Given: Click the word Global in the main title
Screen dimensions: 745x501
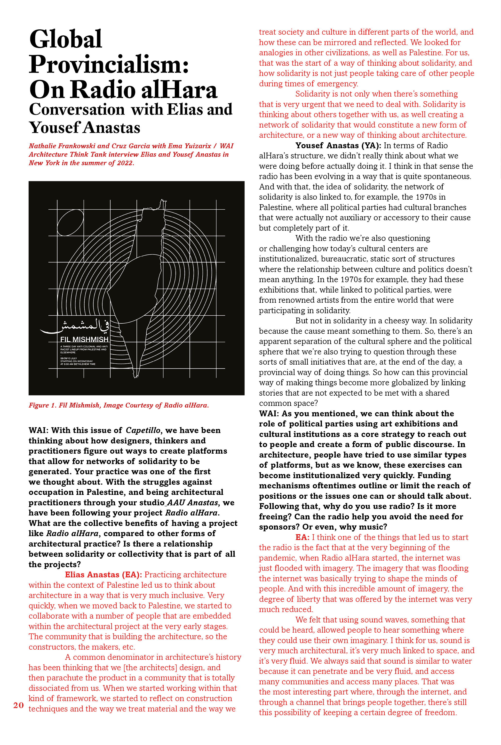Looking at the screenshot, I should [65, 39].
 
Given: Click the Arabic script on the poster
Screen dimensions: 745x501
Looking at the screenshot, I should [75, 326].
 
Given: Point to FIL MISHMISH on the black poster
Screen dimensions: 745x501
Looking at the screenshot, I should [84, 339].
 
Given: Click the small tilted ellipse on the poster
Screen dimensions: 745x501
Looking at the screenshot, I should [70, 222].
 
